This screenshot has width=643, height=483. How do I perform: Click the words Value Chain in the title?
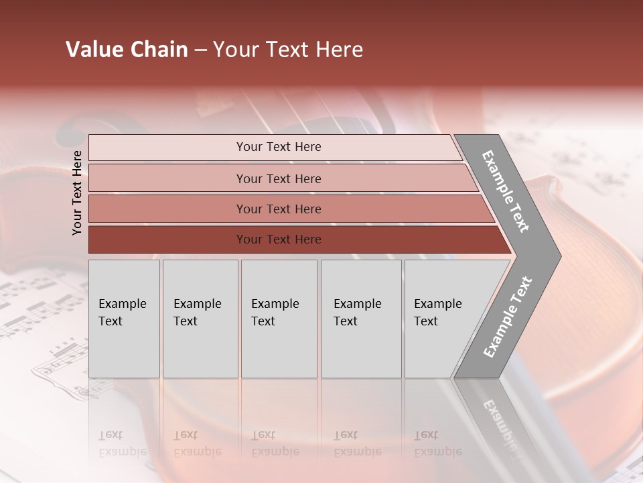(127, 50)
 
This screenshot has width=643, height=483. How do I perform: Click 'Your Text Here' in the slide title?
(288, 50)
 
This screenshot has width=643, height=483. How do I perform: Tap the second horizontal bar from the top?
(278, 178)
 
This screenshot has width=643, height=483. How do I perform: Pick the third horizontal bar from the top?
(278, 209)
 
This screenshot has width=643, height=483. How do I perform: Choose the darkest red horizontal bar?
(278, 239)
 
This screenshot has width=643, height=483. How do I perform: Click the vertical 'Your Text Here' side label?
(77, 193)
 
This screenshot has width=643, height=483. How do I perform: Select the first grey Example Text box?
(124, 319)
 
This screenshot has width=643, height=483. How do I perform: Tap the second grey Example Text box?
(200, 319)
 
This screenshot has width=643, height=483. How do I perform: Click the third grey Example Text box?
(278, 319)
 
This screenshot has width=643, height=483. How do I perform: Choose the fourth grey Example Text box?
(360, 319)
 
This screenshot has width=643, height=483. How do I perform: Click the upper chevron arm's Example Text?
(506, 191)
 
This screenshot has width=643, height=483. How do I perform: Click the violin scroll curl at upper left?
(70, 134)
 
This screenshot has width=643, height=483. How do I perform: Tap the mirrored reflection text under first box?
(122, 443)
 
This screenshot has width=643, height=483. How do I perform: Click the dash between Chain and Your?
(200, 50)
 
